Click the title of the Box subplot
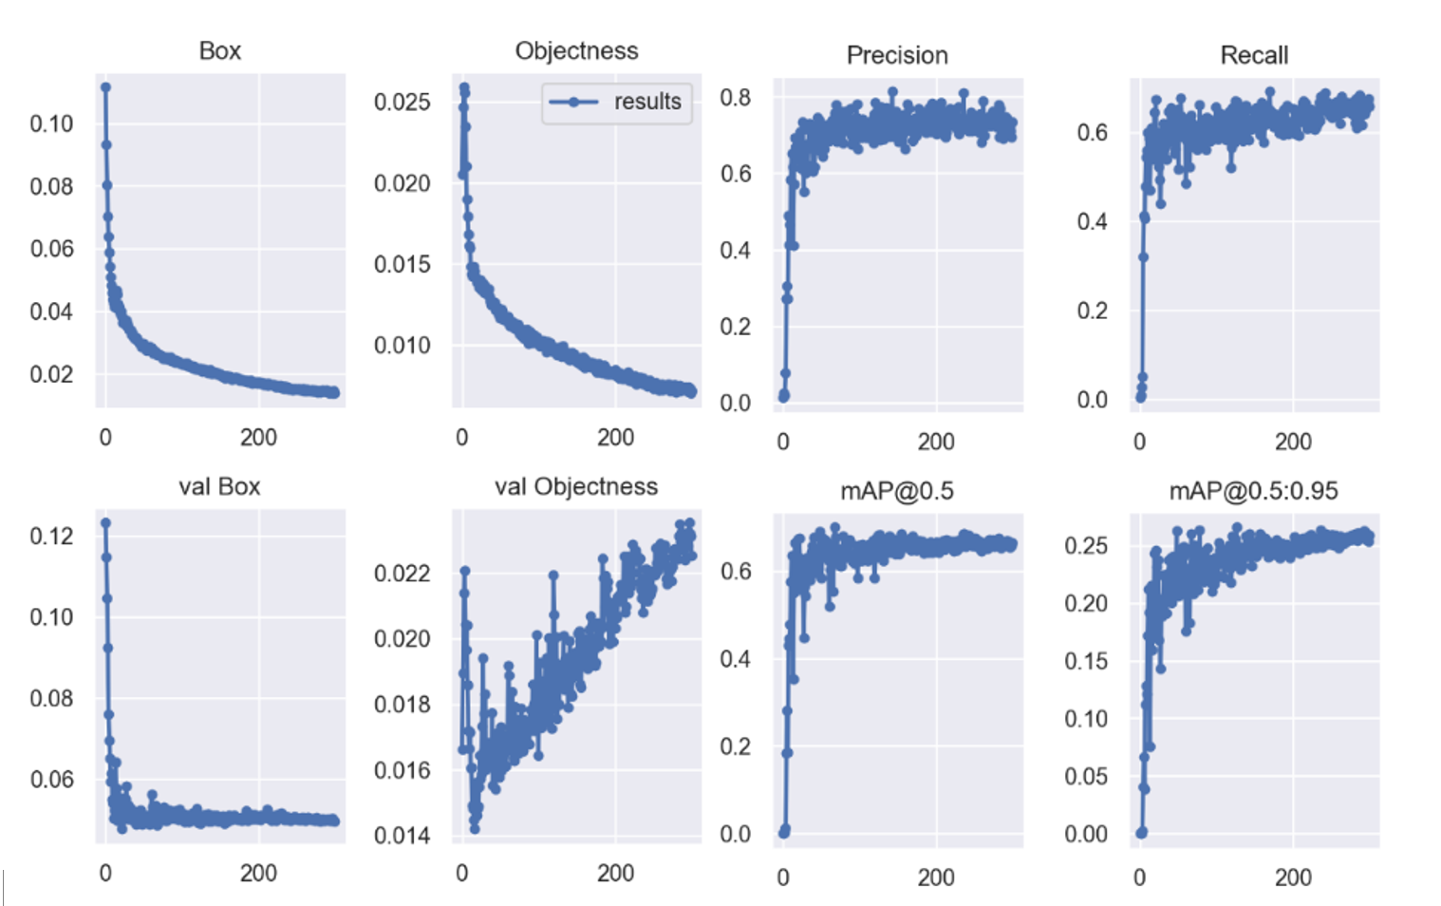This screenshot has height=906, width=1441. point(219,50)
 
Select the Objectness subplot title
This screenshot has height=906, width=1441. point(576,50)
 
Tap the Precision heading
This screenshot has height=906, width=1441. point(897,55)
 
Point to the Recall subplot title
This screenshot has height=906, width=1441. point(1254,55)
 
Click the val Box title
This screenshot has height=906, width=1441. point(219,486)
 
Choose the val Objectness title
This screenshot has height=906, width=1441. point(576,486)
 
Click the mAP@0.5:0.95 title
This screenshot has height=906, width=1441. point(1253,491)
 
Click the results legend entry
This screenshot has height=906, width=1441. point(646,102)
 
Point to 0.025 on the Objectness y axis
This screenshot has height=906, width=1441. point(402,102)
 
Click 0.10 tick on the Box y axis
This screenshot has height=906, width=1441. point(51,123)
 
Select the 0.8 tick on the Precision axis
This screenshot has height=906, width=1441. point(735,98)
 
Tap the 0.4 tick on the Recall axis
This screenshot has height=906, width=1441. point(1092,221)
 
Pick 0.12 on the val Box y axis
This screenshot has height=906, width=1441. point(51,536)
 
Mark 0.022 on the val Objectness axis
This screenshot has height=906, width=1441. point(402,573)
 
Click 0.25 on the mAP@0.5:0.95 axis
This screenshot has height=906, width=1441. point(1085,545)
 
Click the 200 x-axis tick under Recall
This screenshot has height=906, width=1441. point(1293,442)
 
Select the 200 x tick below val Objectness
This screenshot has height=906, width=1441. point(615,874)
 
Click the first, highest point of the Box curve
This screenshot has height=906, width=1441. point(105,87)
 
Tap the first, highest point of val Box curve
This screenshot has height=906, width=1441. point(105,523)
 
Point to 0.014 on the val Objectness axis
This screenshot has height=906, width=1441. point(402,836)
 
